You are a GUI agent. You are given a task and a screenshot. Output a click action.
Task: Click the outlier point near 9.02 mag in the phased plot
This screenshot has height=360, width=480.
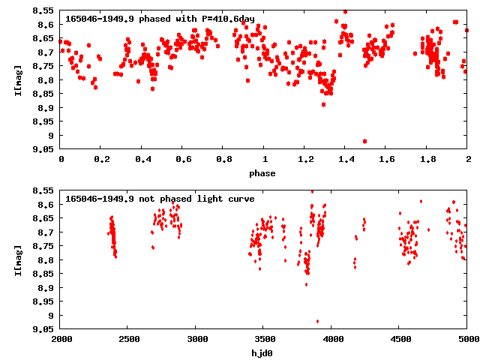point(364,141)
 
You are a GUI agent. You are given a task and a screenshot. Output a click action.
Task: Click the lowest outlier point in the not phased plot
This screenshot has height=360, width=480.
point(317,321)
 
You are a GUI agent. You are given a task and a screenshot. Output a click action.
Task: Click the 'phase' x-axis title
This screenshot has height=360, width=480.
point(262,173)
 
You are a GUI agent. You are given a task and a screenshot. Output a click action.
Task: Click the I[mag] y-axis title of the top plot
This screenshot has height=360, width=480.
point(19,79)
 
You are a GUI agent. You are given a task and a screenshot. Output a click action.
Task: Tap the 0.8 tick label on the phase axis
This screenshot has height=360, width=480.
point(223,160)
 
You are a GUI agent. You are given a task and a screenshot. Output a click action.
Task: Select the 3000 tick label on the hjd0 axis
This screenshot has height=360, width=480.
point(196,340)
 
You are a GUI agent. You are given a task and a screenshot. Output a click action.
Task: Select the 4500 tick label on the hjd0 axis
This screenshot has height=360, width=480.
point(399,340)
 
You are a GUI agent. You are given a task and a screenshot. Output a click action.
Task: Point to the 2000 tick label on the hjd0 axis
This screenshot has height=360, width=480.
point(61,340)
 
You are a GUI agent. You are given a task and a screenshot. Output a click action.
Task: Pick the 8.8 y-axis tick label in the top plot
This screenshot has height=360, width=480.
point(44,80)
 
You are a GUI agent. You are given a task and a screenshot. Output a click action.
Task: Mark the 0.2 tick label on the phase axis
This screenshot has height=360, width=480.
point(101,160)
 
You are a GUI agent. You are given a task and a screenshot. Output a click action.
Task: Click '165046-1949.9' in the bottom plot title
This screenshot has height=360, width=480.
point(100,199)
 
